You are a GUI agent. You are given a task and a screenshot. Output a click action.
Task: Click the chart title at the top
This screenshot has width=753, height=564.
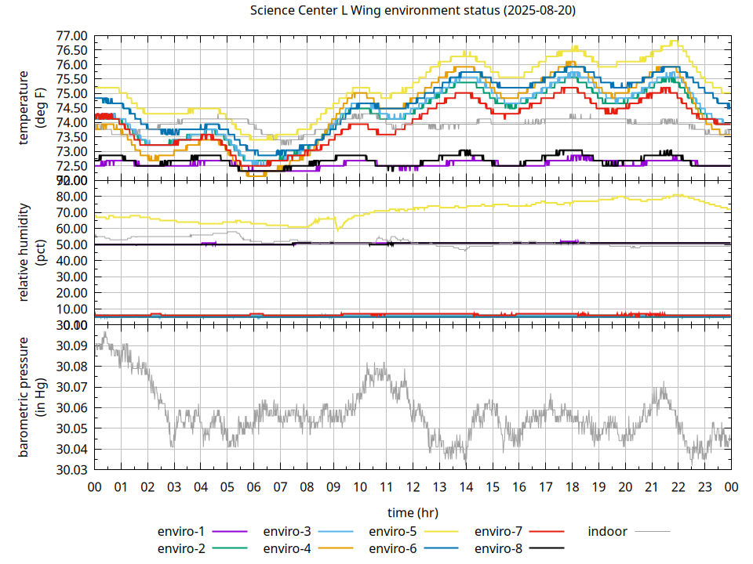[413, 11]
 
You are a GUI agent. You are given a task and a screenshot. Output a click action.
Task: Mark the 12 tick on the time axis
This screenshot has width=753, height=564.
[413, 486]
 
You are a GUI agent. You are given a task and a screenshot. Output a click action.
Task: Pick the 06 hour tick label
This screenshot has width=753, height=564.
[253, 486]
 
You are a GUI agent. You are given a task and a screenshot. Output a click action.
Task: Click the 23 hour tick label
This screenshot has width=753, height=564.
[704, 486]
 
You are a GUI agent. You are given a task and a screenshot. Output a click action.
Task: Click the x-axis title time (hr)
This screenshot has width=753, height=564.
[413, 512]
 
